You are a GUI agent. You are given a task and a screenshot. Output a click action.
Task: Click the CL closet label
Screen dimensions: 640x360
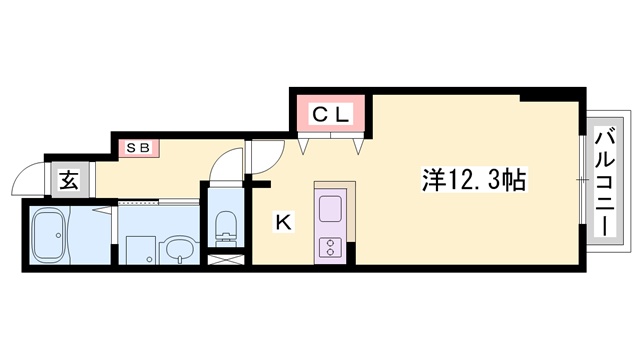click(x=331, y=115)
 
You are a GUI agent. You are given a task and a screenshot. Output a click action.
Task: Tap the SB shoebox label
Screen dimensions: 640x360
click(x=139, y=147)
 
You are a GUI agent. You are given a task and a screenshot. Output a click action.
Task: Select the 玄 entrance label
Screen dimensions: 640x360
click(x=69, y=180)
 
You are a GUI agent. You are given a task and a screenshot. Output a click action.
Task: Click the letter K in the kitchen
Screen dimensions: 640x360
click(x=284, y=223)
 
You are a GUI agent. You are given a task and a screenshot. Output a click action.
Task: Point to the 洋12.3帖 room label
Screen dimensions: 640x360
click(x=473, y=179)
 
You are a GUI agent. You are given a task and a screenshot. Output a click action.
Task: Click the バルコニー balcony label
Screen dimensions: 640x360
click(x=605, y=181)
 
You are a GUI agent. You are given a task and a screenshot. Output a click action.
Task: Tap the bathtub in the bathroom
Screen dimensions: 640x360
click(x=50, y=236)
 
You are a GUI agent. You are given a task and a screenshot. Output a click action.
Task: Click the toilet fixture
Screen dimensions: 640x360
click(x=226, y=229)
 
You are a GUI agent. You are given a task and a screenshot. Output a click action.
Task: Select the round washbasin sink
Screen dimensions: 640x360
click(x=179, y=249)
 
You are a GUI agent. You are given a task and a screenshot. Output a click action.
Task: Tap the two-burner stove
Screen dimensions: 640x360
click(x=330, y=247)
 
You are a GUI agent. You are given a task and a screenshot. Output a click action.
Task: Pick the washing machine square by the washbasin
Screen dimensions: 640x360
click(x=140, y=250)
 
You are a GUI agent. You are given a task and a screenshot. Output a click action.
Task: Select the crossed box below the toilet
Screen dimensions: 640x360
click(x=226, y=260)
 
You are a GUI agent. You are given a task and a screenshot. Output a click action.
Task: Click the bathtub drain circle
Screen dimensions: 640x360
click(x=58, y=236)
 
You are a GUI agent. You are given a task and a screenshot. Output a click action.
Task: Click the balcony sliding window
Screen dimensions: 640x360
click(x=582, y=180)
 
